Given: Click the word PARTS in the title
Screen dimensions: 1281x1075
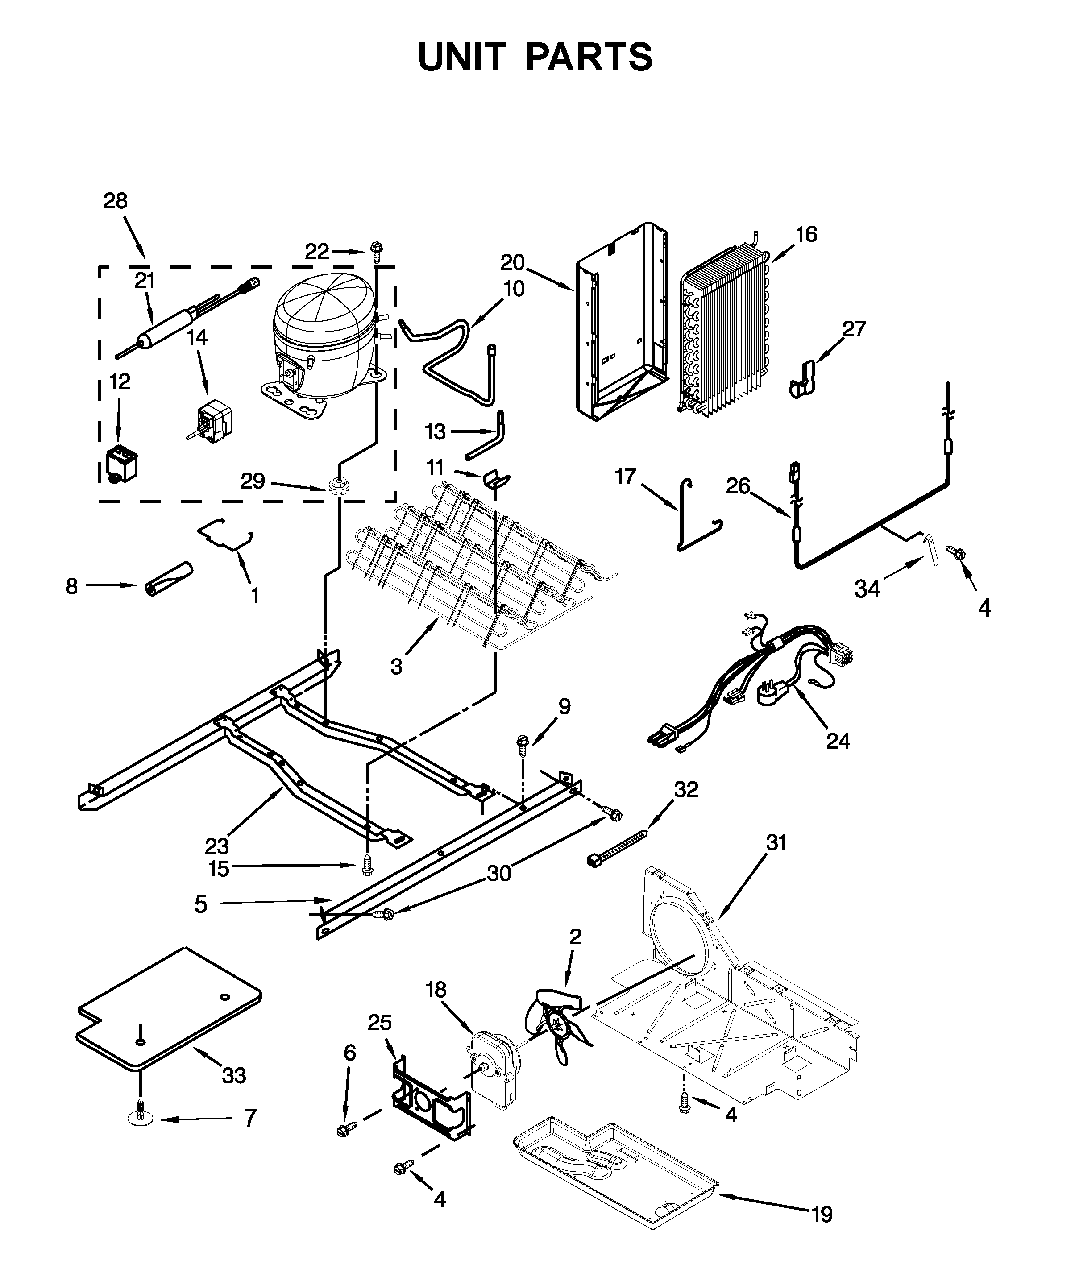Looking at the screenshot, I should pyautogui.click(x=589, y=58).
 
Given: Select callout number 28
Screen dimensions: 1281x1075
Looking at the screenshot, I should pyautogui.click(x=115, y=201).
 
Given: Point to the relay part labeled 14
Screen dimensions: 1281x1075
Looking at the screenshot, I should pyautogui.click(x=212, y=420).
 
